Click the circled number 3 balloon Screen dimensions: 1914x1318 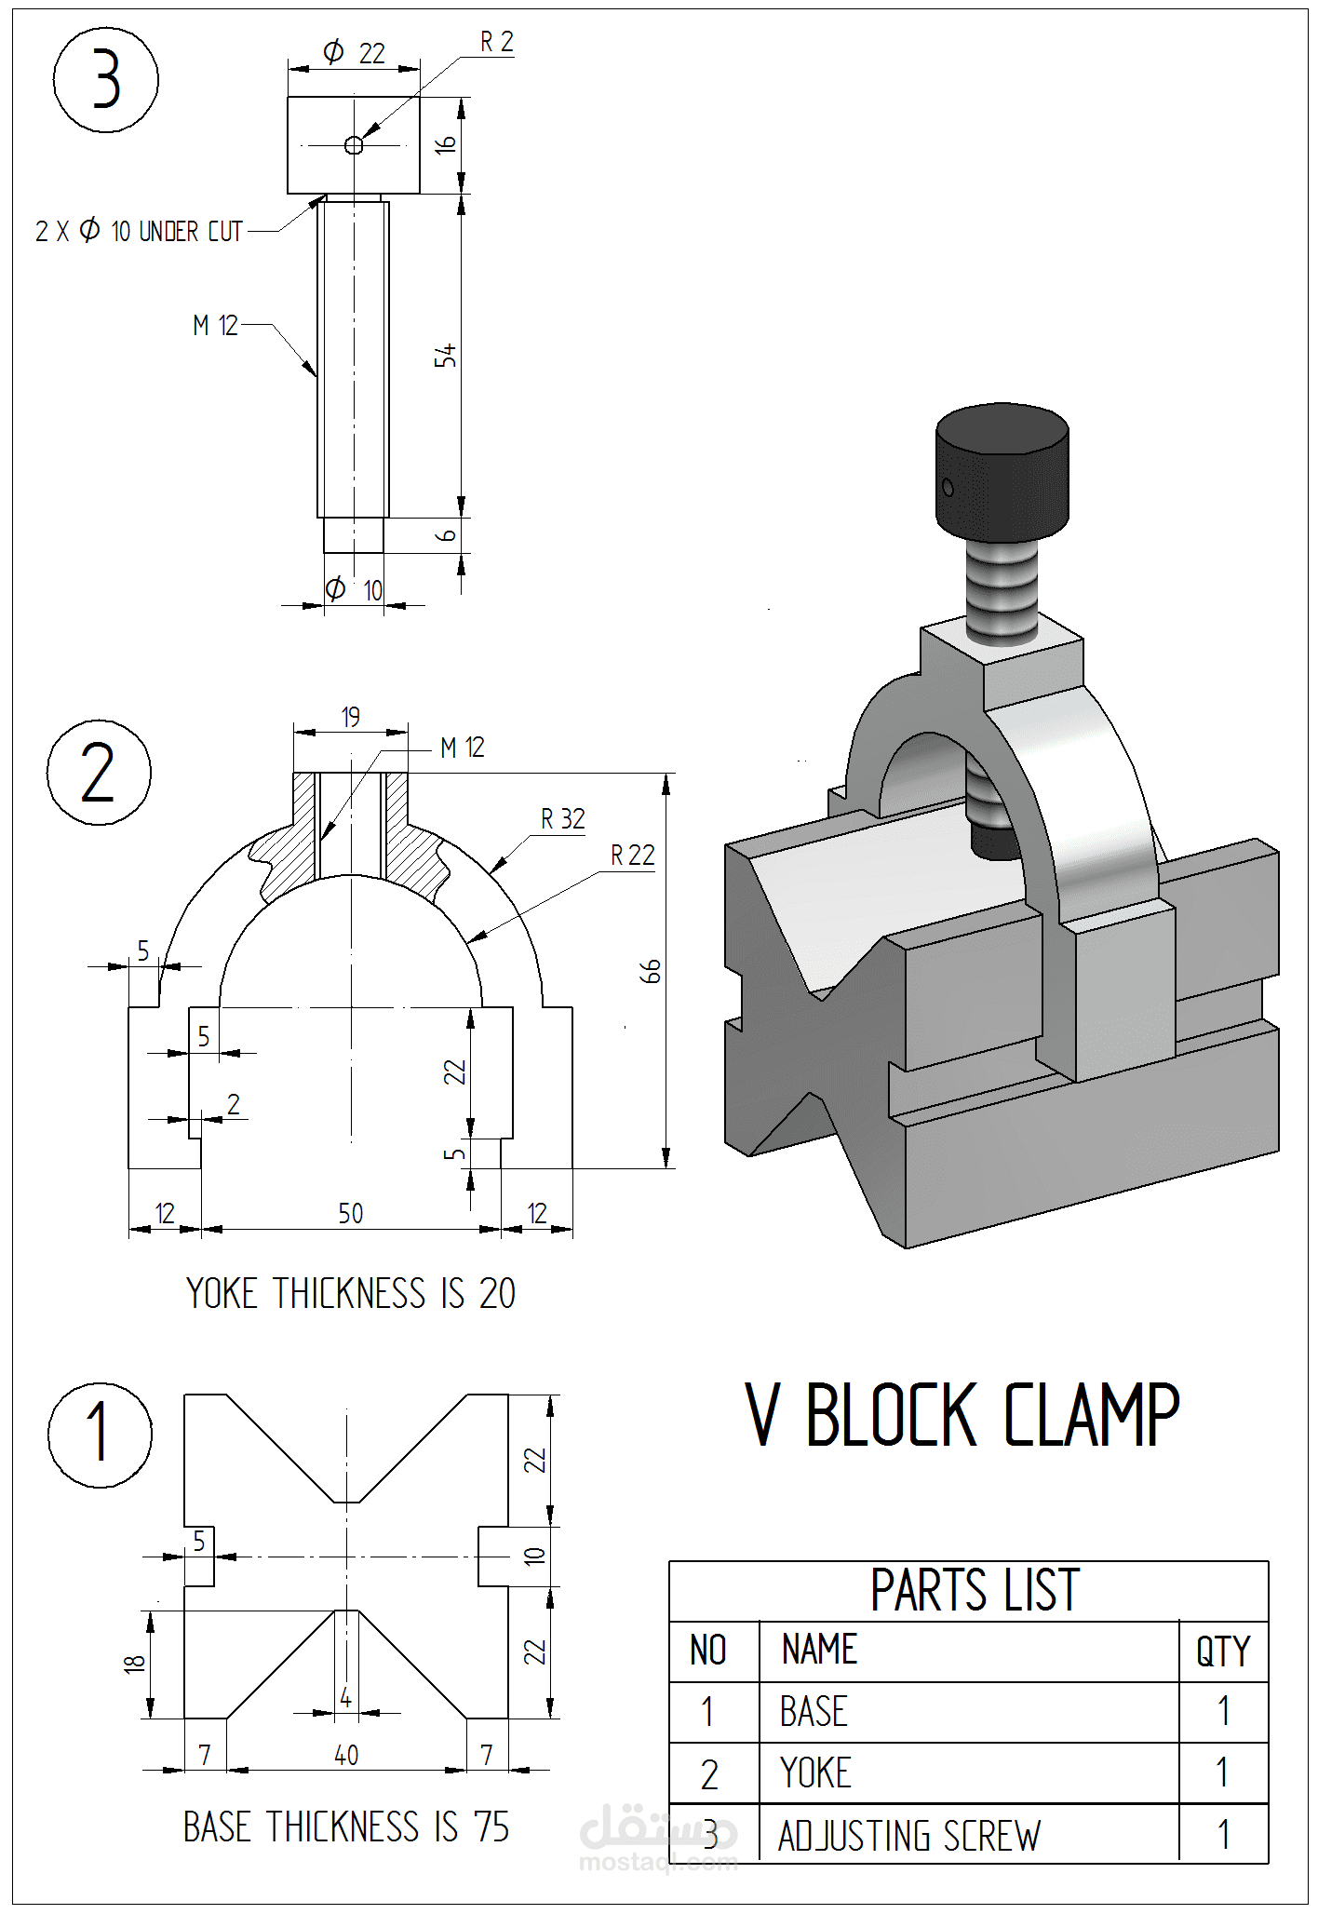pyautogui.click(x=105, y=79)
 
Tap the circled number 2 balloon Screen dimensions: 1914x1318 pyautogui.click(x=99, y=773)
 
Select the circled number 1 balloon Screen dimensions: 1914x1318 pyautogui.click(x=100, y=1435)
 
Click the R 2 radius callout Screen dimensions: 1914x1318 pyautogui.click(x=496, y=42)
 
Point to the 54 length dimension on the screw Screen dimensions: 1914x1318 pyautogui.click(x=446, y=355)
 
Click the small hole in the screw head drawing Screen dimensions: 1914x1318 pyautogui.click(x=354, y=144)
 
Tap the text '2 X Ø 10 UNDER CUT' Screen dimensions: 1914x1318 pyautogui.click(x=139, y=231)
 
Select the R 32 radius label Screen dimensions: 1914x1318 pyautogui.click(x=562, y=819)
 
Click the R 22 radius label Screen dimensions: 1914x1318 pyautogui.click(x=632, y=856)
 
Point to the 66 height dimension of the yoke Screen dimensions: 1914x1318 pyautogui.click(x=651, y=971)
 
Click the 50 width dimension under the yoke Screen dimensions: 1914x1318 pyautogui.click(x=350, y=1213)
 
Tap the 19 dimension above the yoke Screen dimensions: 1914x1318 pyautogui.click(x=350, y=717)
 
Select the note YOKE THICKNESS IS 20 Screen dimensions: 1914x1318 pyautogui.click(x=350, y=1293)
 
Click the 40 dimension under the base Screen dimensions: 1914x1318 pyautogui.click(x=345, y=1755)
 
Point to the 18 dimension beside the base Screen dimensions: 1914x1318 pyautogui.click(x=134, y=1664)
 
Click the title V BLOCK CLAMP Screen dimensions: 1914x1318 pyautogui.click(x=962, y=1415)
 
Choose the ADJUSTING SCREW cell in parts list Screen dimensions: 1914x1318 pyautogui.click(x=909, y=1836)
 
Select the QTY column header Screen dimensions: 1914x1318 pyautogui.click(x=1222, y=1651)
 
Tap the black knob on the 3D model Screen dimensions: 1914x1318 pyautogui.click(x=1002, y=473)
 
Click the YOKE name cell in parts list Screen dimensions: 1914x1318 pyautogui.click(x=815, y=1773)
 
